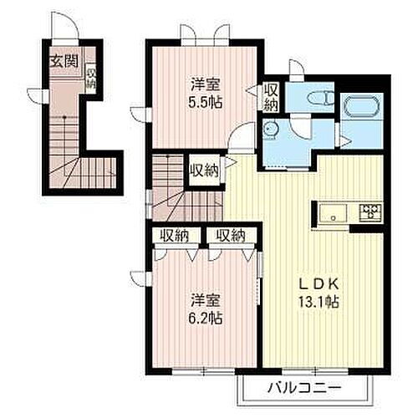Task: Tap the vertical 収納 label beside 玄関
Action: point(89,78)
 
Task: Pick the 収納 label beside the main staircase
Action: point(204,171)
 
